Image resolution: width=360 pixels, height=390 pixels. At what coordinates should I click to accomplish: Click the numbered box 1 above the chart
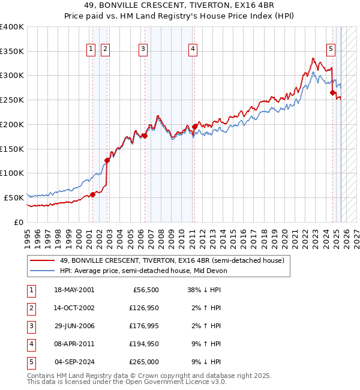[x=91, y=50]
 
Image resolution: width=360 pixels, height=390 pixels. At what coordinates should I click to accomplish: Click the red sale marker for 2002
[x=107, y=160]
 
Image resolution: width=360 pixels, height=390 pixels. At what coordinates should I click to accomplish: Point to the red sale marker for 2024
[x=332, y=92]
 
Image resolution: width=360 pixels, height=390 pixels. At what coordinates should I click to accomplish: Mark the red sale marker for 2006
[x=145, y=136]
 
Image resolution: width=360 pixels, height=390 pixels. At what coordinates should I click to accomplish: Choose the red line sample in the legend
[x=42, y=260]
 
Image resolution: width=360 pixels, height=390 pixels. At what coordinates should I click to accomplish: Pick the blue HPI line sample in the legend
[x=42, y=271]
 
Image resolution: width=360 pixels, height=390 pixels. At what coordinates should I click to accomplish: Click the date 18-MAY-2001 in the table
[x=74, y=290]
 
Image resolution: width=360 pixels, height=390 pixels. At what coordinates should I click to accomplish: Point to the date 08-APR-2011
[x=74, y=344]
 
